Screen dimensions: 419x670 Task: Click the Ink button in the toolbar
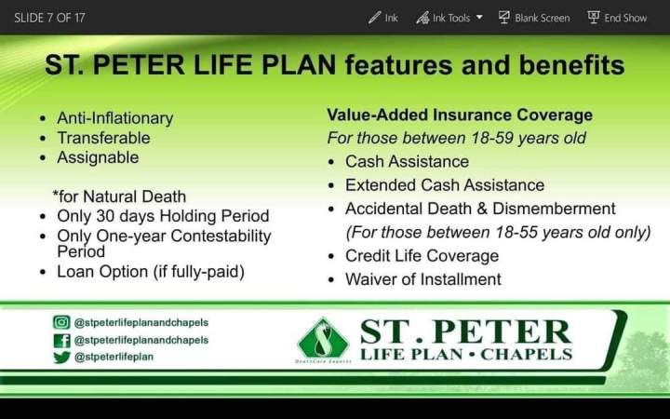[x=382, y=17]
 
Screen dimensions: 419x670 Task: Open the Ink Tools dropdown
[x=449, y=17]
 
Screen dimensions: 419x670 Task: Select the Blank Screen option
[x=534, y=17]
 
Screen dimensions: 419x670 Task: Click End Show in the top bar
[x=617, y=17]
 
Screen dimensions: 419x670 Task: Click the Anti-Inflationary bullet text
[x=114, y=118]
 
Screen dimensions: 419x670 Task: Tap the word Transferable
[x=103, y=138]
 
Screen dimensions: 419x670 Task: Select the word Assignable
[x=98, y=157]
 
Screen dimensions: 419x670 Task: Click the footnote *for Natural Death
[x=119, y=196]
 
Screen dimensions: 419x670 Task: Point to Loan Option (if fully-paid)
[x=150, y=272]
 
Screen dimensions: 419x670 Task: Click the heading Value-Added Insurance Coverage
[x=459, y=115]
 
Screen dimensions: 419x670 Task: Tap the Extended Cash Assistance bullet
[x=444, y=184]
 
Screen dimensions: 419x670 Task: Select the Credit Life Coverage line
[x=422, y=255]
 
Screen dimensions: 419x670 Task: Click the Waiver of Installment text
[x=422, y=279]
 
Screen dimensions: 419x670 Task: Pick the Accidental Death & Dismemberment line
[x=480, y=209]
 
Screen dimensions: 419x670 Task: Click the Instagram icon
[x=61, y=322]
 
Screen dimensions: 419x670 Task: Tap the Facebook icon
[x=61, y=340]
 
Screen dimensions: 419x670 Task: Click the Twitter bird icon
[x=61, y=357]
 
